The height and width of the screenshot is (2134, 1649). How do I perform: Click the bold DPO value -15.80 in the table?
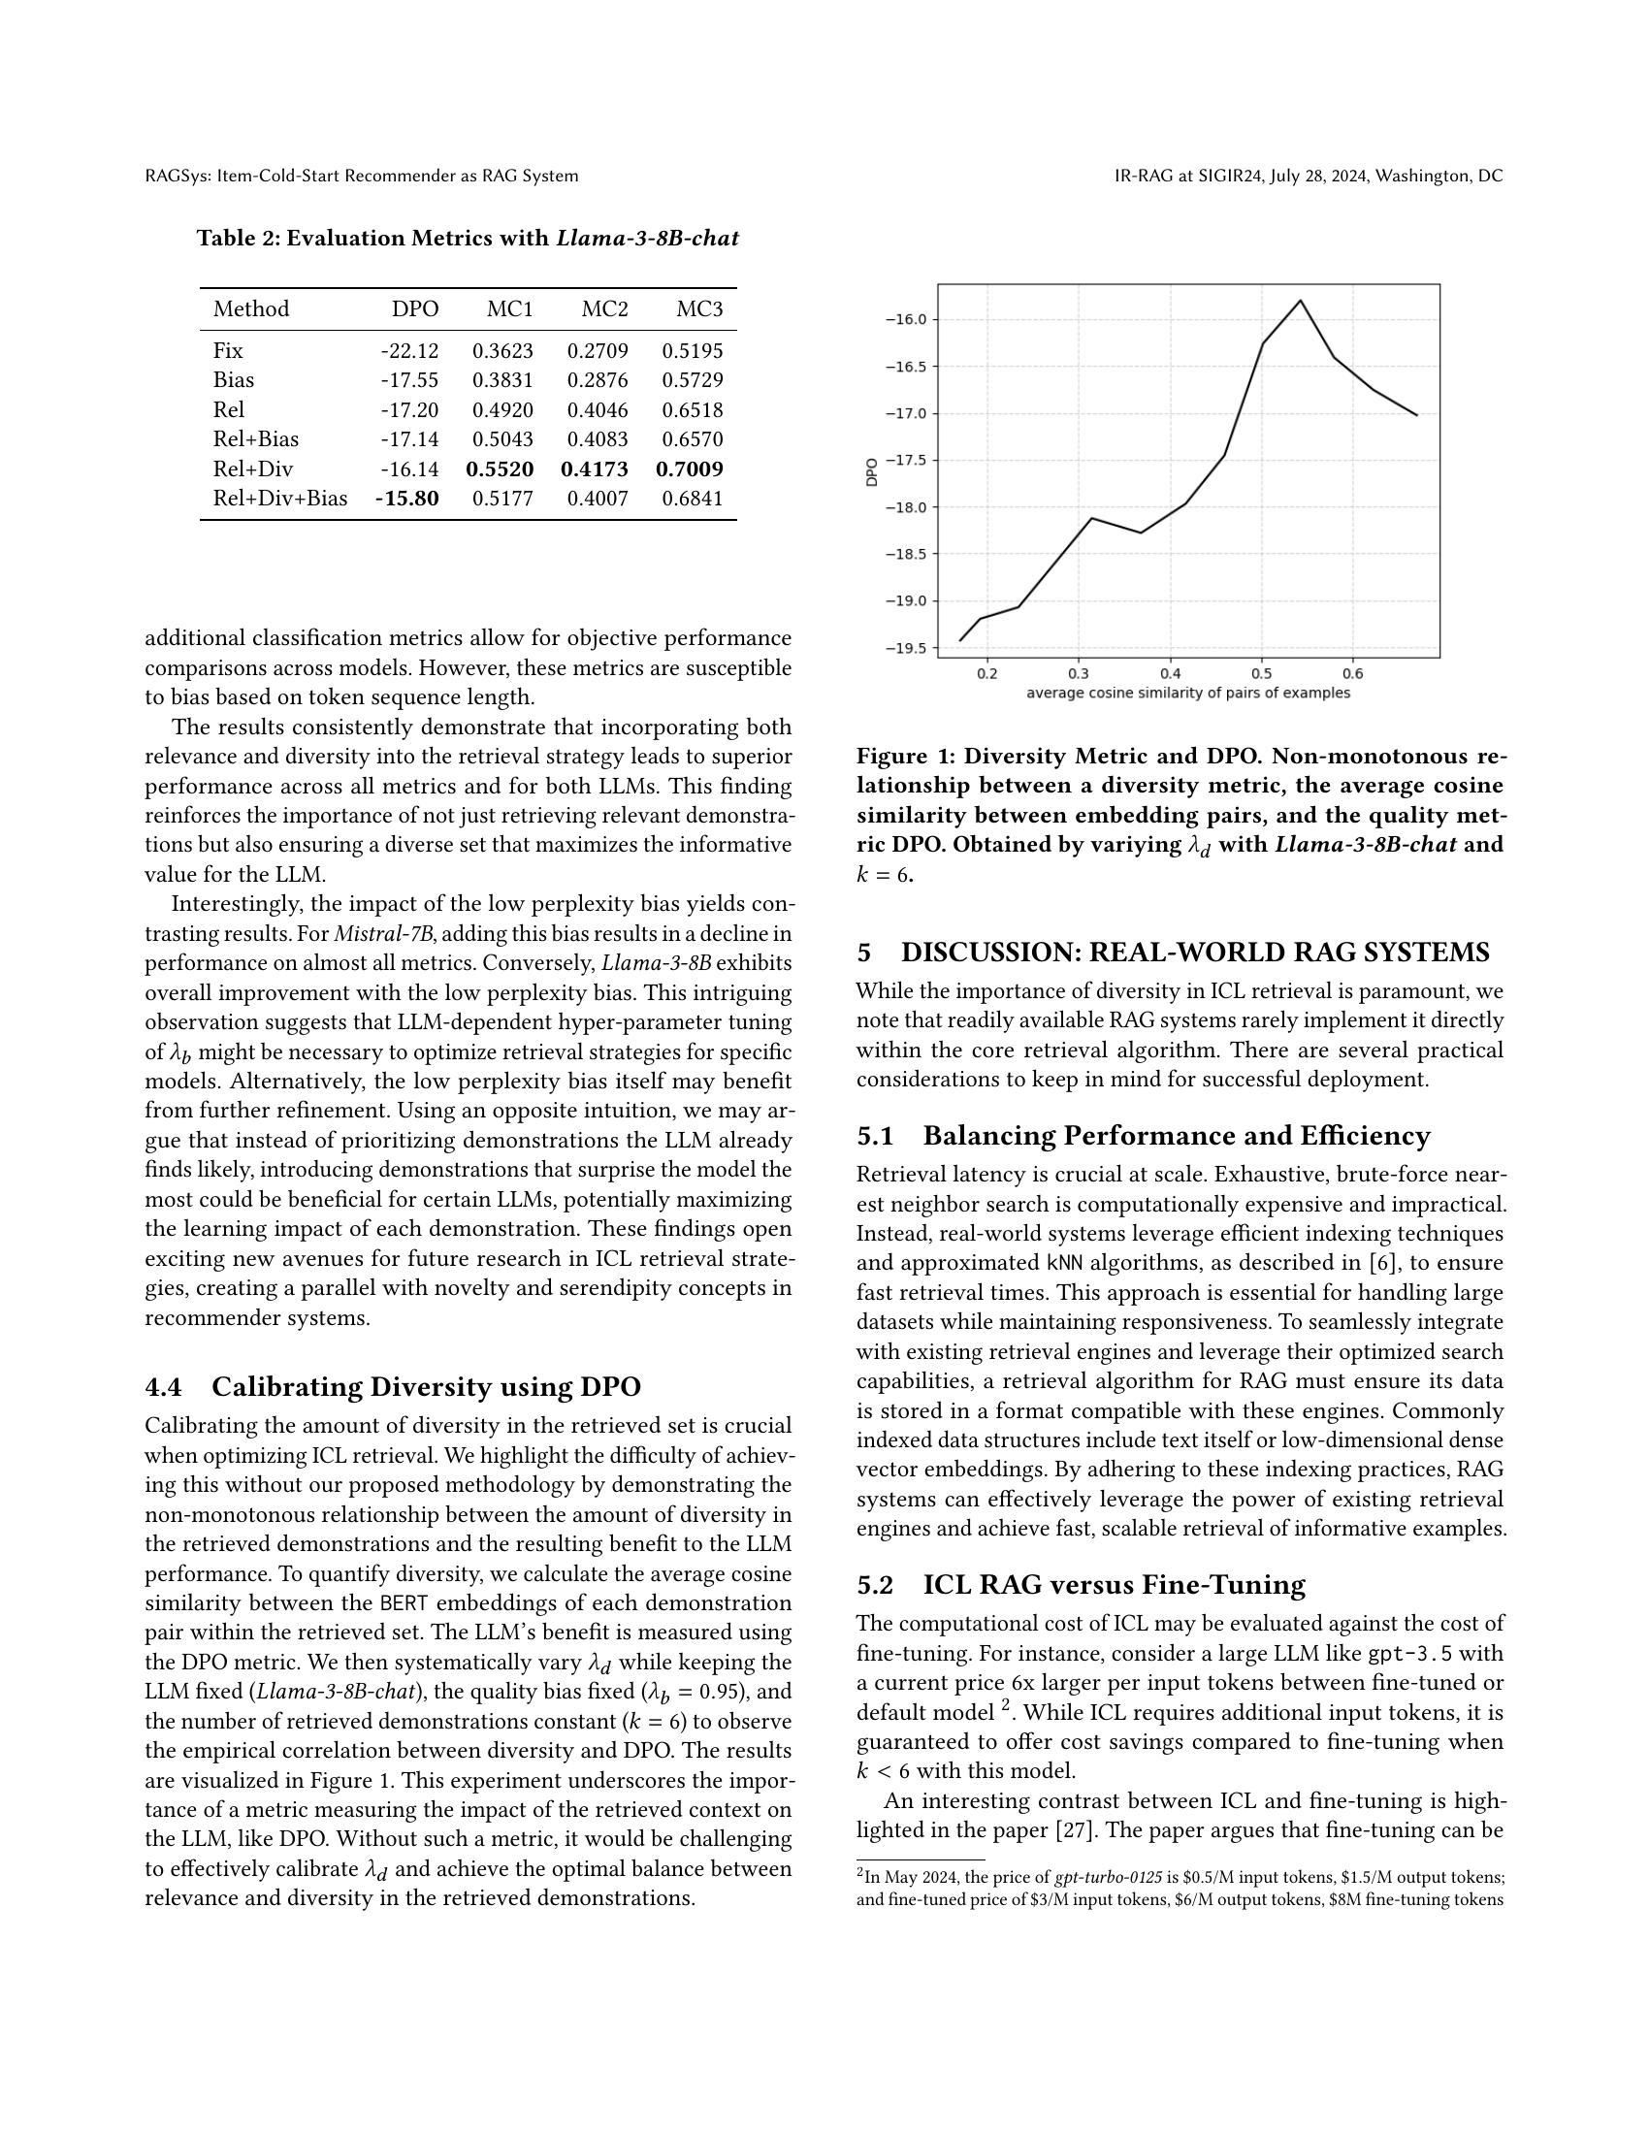point(407,499)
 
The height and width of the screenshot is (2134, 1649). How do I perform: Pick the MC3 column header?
point(699,309)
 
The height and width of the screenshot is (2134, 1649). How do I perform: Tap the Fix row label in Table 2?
point(228,351)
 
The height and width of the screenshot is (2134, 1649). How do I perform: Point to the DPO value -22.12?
point(409,351)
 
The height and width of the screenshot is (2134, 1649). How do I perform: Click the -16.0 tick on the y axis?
point(906,319)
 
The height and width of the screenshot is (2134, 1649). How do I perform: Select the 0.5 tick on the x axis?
point(1261,673)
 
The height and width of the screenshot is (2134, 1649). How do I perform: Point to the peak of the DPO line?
point(1300,301)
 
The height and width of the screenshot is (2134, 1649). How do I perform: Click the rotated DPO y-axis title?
point(871,473)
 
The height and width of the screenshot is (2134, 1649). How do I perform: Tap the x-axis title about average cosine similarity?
point(1188,693)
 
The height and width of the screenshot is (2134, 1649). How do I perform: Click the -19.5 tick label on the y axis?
point(906,648)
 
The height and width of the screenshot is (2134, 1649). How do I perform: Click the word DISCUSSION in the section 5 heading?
point(989,953)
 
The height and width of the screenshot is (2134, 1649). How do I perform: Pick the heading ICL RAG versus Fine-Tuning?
point(1114,1585)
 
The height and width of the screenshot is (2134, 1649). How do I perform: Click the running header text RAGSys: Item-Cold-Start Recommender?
point(362,176)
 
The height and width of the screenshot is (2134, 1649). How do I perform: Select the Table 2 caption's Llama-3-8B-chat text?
point(648,239)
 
